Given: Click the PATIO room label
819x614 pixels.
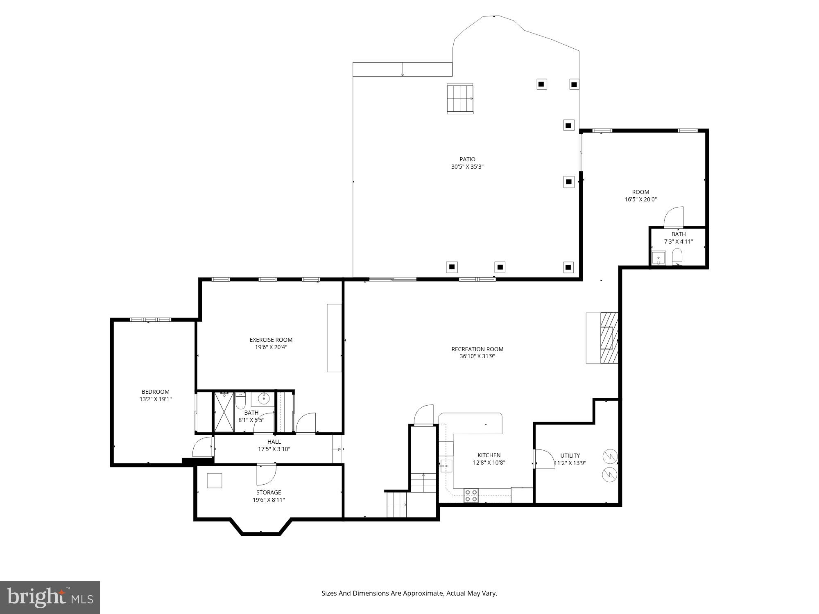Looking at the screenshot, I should pyautogui.click(x=467, y=159).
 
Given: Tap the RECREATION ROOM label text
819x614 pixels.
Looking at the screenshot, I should pyautogui.click(x=477, y=349).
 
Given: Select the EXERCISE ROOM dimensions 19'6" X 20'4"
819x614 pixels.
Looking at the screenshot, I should pyautogui.click(x=271, y=347).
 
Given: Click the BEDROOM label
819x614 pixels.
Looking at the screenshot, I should pyautogui.click(x=155, y=392).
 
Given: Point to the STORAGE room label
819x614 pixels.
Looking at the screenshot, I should pyautogui.click(x=269, y=492).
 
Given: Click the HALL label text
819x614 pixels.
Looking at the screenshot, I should pyautogui.click(x=274, y=442).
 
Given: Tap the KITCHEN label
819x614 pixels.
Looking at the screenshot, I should pyautogui.click(x=489, y=455).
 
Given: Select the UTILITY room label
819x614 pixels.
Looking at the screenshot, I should pyautogui.click(x=570, y=456).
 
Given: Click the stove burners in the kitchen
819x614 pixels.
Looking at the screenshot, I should pyautogui.click(x=471, y=495).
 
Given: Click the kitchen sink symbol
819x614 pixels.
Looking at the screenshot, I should pyautogui.click(x=446, y=465).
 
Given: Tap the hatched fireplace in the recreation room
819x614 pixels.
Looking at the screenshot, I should pyautogui.click(x=609, y=338).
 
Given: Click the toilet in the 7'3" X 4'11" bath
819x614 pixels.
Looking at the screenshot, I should pyautogui.click(x=677, y=257).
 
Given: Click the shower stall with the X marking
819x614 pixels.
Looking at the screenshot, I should pyautogui.click(x=224, y=412).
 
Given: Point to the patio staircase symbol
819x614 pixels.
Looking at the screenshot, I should pyautogui.click(x=460, y=98).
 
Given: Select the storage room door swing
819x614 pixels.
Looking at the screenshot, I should pyautogui.click(x=266, y=475).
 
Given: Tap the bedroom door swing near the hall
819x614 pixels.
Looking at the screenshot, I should pyautogui.click(x=202, y=447).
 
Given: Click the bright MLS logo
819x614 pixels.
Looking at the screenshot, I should pyautogui.click(x=50, y=597).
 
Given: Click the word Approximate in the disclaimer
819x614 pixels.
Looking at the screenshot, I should pyautogui.click(x=423, y=593).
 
